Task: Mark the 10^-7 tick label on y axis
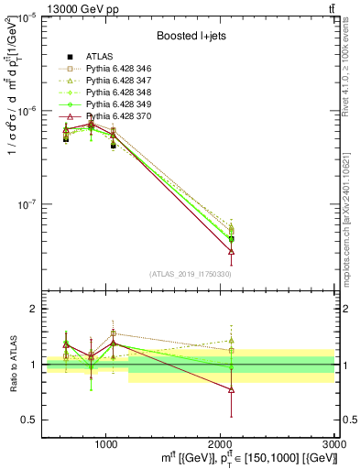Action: point(27,204)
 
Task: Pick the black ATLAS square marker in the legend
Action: point(66,56)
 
